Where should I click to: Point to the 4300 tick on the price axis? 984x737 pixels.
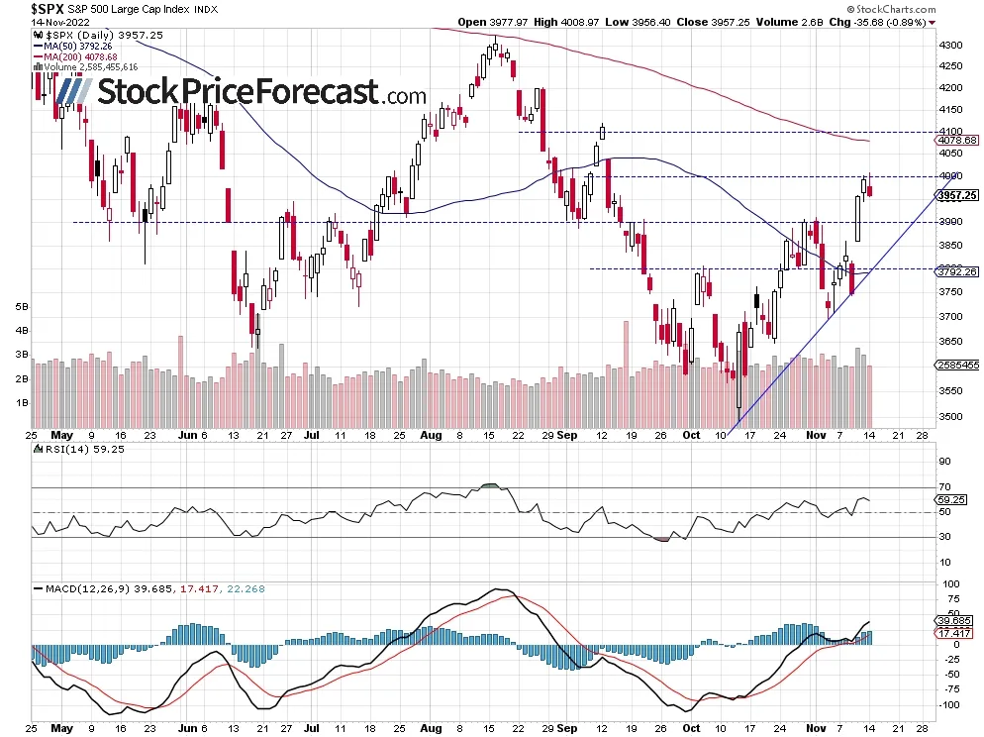tap(951, 46)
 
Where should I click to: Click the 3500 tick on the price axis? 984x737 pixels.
tap(951, 417)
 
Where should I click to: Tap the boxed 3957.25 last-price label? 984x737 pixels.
tap(957, 195)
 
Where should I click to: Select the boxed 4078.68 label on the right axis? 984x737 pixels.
tap(957, 141)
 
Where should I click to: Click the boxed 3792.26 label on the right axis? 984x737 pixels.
tap(957, 271)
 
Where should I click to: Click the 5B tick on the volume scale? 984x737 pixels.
tap(19, 307)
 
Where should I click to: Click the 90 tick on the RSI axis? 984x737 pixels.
tap(945, 462)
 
